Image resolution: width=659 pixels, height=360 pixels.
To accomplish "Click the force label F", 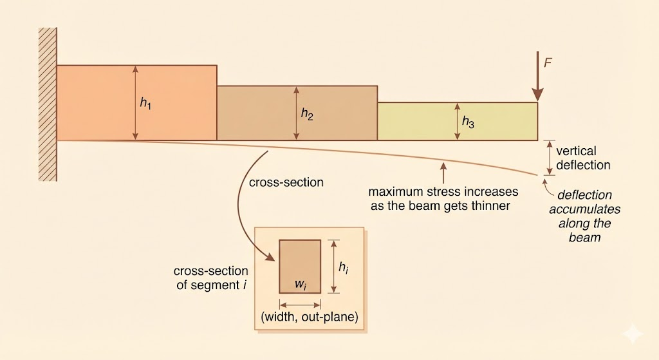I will coord(548,62).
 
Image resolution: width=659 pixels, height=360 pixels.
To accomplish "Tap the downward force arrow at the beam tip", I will coord(537,77).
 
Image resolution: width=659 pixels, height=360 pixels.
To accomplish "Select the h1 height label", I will coord(145,104).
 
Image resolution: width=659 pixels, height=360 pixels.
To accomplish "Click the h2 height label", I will coord(307,114).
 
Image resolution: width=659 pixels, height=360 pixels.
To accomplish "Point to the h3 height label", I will coord(468,122).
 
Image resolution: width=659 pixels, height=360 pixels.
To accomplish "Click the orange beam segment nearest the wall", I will coord(97,103).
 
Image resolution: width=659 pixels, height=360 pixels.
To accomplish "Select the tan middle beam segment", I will coord(257,113).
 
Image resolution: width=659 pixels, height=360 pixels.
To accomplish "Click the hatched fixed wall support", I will coord(48,104).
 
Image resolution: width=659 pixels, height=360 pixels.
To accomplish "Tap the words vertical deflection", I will coord(583,158).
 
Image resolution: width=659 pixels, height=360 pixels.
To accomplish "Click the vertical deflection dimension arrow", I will coord(548,157).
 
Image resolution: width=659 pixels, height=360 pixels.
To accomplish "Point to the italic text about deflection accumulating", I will coord(584,216).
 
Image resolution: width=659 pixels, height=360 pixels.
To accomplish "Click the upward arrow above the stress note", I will coord(443,173).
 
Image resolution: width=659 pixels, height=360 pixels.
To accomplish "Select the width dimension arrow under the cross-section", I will coord(300,305).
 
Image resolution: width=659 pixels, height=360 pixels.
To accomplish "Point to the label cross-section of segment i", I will coord(212,277).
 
